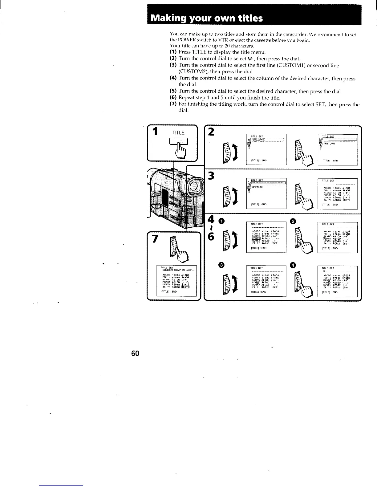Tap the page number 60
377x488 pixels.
(135, 353)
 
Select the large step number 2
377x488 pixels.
(211, 132)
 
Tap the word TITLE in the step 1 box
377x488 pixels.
(178, 133)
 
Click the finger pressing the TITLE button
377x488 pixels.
(180, 151)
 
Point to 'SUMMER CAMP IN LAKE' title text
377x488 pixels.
(178, 270)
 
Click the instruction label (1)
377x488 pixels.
(173, 52)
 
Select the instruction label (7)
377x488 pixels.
(173, 104)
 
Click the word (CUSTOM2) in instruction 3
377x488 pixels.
(193, 71)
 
